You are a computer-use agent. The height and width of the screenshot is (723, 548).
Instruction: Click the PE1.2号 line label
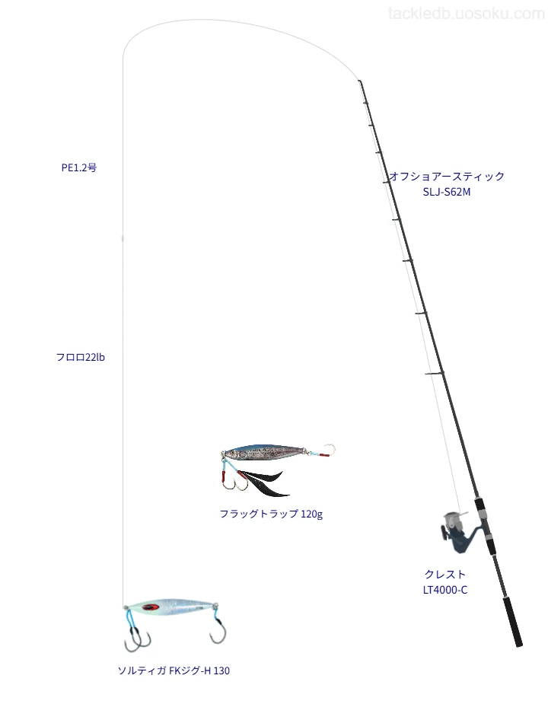79,168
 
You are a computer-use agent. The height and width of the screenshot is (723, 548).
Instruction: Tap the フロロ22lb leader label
80,358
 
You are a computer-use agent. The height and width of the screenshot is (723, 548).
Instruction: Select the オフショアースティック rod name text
447,176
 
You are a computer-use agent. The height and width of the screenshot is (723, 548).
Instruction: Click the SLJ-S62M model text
447,192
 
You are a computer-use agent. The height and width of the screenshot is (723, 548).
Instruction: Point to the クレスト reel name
445,574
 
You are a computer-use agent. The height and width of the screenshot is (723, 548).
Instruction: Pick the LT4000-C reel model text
445,590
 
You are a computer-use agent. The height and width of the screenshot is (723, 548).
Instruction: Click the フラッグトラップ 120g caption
271,514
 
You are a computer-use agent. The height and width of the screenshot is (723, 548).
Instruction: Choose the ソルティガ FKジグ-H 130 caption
174,670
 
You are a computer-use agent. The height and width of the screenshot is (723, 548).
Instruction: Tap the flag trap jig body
264,453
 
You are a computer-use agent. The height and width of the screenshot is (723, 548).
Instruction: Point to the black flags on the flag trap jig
262,483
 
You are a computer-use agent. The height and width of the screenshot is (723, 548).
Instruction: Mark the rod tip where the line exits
359,81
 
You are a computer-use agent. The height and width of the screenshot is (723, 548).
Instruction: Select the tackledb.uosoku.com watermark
467,14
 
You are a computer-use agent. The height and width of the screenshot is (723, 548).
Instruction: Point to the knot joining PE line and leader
123,238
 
